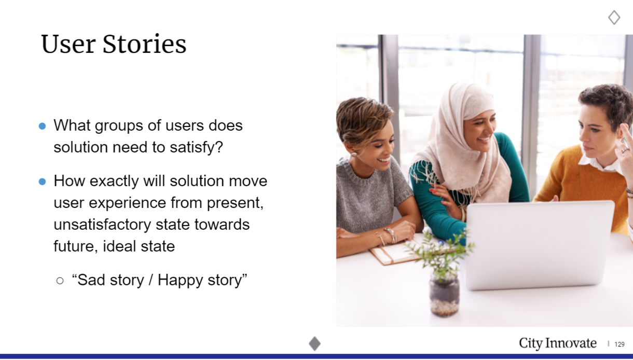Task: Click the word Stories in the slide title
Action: [144, 44]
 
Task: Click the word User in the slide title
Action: [68, 44]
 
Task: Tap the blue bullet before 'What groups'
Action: [42, 126]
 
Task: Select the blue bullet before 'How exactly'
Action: [42, 182]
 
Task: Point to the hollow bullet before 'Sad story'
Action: [60, 281]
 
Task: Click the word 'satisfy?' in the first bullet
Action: [196, 147]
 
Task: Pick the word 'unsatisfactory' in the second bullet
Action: [102, 225]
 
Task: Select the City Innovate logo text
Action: [558, 343]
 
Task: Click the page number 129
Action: [619, 344]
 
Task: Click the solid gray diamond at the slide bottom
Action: [314, 343]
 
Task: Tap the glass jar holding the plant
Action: [444, 296]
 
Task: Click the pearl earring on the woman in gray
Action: [354, 155]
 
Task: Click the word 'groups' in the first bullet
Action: [119, 126]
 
